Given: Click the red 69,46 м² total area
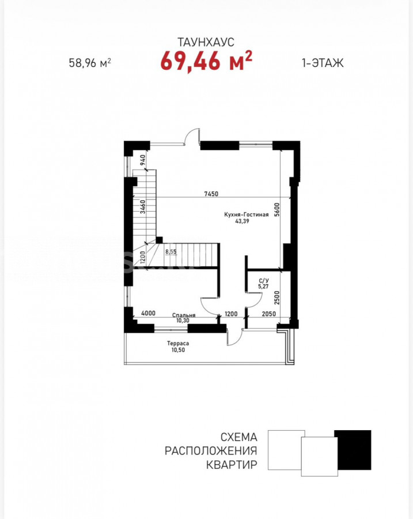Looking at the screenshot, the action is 206,61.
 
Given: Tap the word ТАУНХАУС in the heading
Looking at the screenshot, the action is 206,42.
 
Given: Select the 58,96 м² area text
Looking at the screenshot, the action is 90,62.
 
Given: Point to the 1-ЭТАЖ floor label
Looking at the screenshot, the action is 323,62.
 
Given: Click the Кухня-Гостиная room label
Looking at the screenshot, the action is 247,215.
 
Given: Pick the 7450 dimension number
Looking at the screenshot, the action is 211,194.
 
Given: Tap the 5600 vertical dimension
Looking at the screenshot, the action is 277,209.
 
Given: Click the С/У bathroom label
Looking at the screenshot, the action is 264,281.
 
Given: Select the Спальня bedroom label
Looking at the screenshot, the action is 184,315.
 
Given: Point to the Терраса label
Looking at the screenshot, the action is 178,344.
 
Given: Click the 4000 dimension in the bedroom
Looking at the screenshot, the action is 148,313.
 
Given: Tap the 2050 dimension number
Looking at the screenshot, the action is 269,314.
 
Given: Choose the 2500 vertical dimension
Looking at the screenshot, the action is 277,298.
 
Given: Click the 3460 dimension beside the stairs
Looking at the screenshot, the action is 142,206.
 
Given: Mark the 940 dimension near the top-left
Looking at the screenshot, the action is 142,160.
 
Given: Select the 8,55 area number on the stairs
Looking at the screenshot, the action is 171,251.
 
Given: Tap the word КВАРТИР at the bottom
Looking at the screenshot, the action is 232,464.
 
